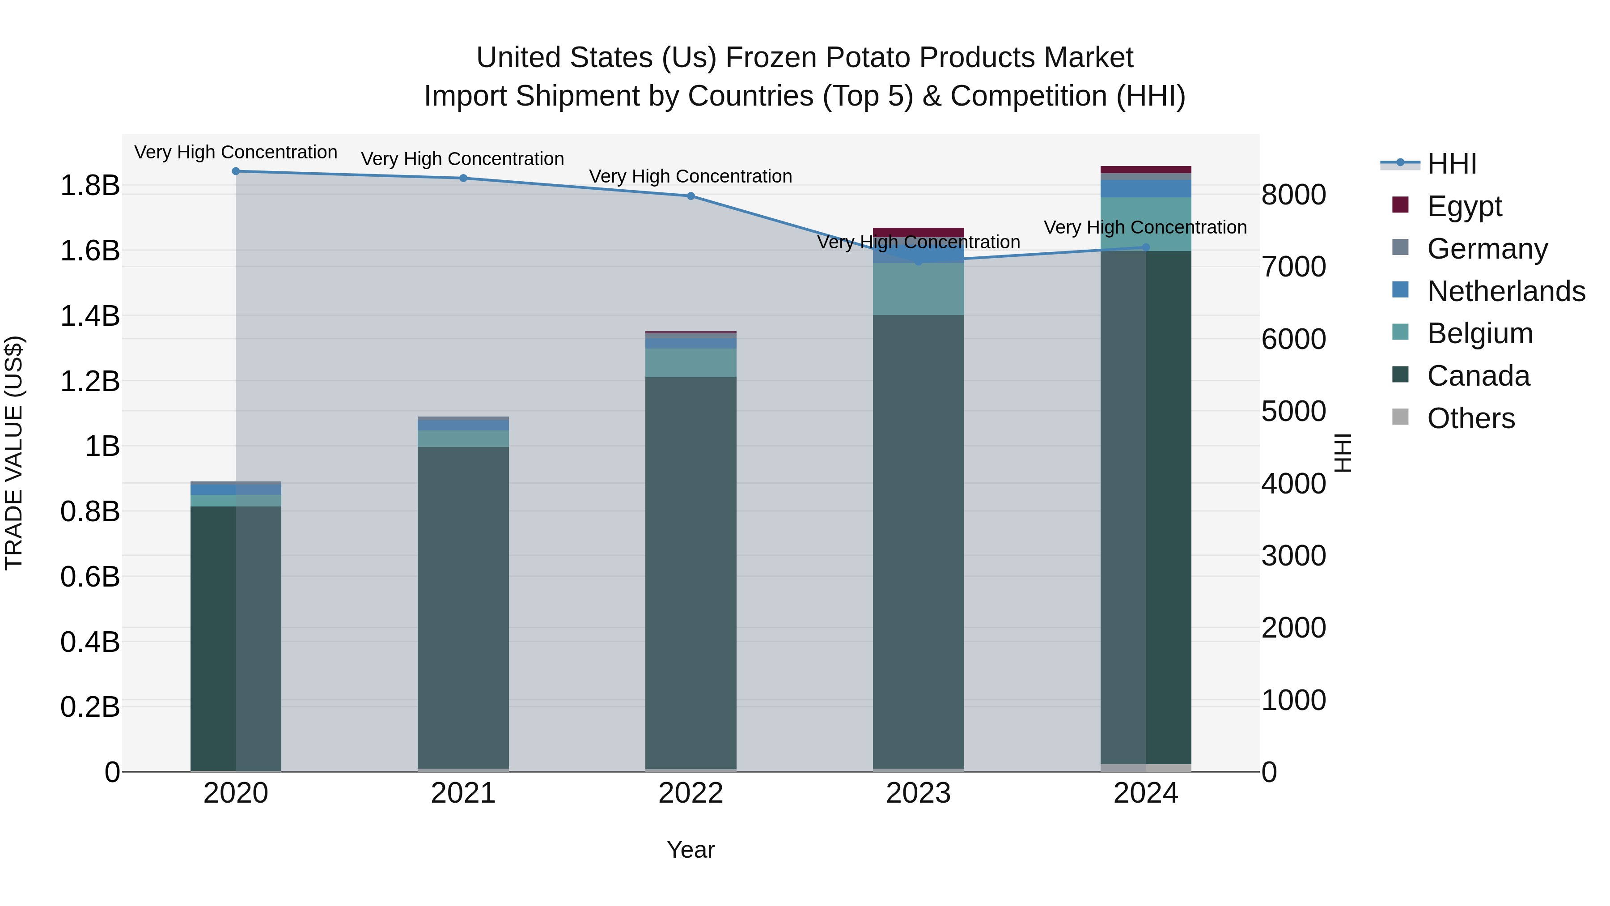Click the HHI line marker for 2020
tap(236, 171)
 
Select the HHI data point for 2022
tap(691, 196)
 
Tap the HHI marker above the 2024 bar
tap(1146, 247)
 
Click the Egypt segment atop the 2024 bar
tap(1146, 170)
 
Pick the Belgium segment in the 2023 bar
tap(918, 289)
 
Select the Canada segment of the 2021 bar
tap(463, 607)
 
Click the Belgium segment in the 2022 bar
tap(691, 363)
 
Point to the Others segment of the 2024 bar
tap(1146, 768)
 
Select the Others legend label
tap(1470, 418)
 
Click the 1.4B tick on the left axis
tap(90, 316)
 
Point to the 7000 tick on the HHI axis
tap(1293, 267)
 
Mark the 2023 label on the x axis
tap(918, 793)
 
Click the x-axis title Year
tap(691, 850)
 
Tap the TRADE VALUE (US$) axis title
tap(14, 453)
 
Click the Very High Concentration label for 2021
tap(462, 159)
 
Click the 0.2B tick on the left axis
tap(90, 707)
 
